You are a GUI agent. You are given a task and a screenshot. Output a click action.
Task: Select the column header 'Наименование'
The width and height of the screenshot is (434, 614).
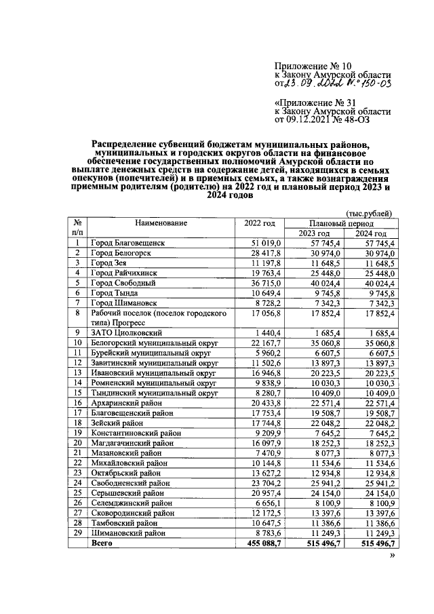pyautogui.click(x=161, y=223)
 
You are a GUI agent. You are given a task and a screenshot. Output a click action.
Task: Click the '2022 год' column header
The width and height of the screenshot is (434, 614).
pyautogui.click(x=259, y=223)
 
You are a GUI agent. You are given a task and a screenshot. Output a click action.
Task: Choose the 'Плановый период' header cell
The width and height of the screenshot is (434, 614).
pyautogui.click(x=340, y=223)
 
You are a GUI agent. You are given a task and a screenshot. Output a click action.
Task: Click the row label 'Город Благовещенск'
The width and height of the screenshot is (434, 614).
pyautogui.click(x=129, y=242)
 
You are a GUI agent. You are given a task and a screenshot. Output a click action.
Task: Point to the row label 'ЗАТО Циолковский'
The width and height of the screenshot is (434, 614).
pyautogui.click(x=125, y=332)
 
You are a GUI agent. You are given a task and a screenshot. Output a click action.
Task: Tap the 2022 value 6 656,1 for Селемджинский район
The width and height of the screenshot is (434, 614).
pyautogui.click(x=258, y=503)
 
